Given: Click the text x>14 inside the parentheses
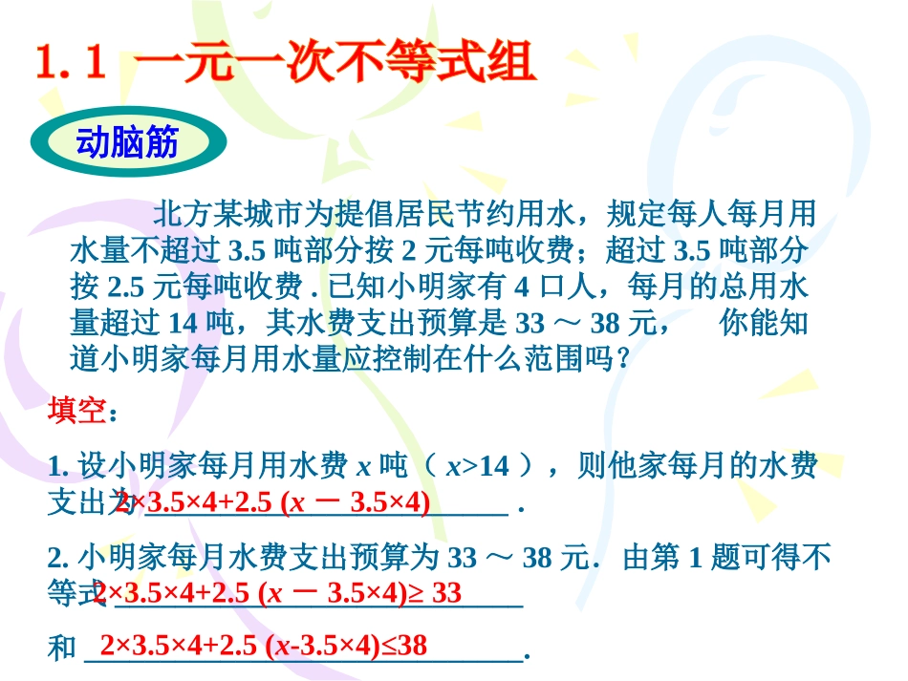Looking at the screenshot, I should coord(478,467).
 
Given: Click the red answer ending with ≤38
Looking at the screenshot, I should coord(264,647).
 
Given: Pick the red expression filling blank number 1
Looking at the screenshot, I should coord(272,502).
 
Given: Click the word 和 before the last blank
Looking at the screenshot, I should coord(61,649).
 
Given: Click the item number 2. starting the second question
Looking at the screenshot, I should coord(55,557).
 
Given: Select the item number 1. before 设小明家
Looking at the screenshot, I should coord(55,467).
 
